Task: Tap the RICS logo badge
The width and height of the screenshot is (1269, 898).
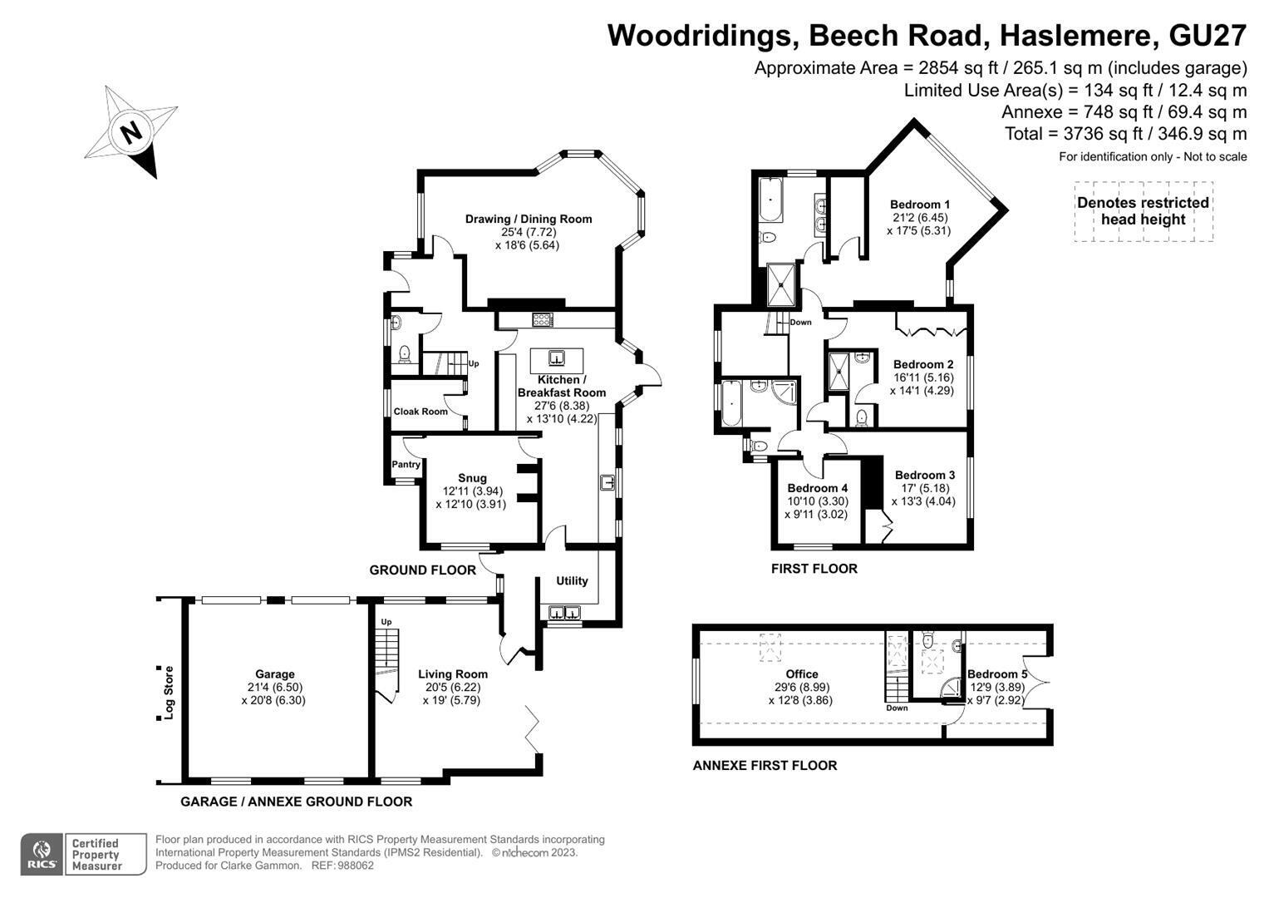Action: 42,854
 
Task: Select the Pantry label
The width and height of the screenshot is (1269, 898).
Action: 406,464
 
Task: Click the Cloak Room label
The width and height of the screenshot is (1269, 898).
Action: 421,411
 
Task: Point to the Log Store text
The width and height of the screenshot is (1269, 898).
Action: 168,693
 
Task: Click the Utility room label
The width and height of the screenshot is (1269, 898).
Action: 572,580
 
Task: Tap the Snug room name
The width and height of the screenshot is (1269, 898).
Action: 472,478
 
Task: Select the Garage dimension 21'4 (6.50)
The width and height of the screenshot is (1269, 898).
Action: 275,687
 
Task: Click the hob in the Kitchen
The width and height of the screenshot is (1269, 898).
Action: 542,320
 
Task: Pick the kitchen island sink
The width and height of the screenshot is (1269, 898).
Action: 556,358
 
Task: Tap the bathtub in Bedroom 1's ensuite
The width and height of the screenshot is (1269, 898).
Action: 770,199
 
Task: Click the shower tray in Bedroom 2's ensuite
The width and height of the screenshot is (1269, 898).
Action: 839,372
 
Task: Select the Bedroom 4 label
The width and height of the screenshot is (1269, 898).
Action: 817,488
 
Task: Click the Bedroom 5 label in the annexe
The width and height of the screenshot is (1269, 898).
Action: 997,674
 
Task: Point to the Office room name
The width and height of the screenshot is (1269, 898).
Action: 802,674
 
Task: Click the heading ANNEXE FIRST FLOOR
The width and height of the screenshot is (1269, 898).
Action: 765,765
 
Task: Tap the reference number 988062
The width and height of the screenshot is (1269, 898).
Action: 355,866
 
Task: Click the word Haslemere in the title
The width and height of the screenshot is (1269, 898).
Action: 1075,35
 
